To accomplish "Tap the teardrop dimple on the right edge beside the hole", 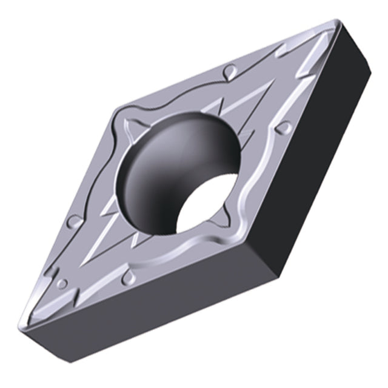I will click(282, 128).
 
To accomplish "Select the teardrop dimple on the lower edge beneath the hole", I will click(128, 277).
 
